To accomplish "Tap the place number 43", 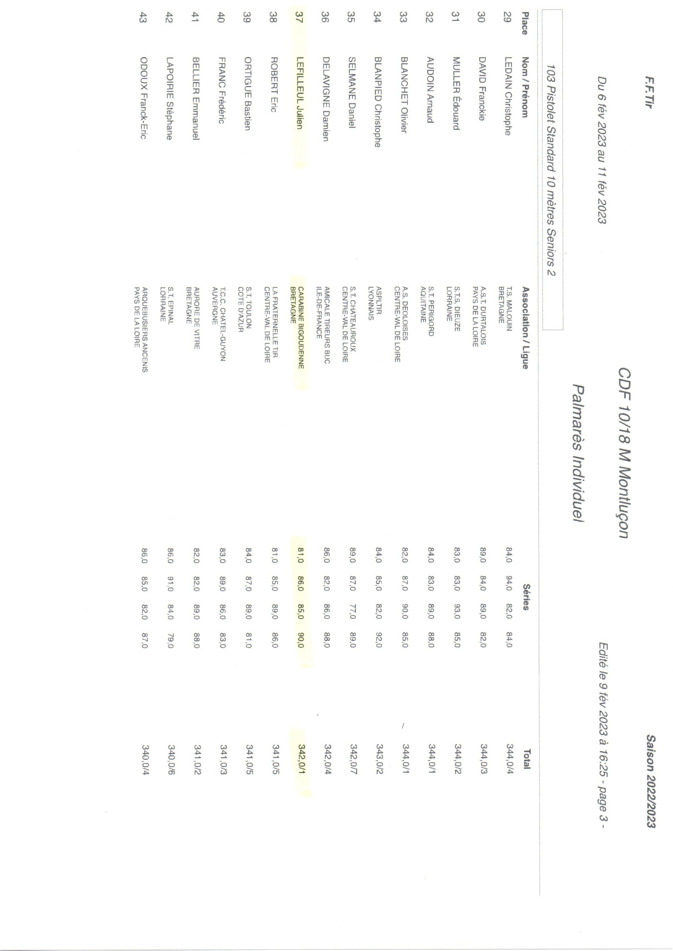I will click(143, 18).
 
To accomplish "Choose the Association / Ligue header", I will click(525, 327).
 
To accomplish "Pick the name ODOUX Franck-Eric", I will click(143, 97).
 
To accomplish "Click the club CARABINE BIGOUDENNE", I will click(301, 327).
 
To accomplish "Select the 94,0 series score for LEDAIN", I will click(509, 583).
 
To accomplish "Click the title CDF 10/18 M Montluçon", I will click(624, 453).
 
